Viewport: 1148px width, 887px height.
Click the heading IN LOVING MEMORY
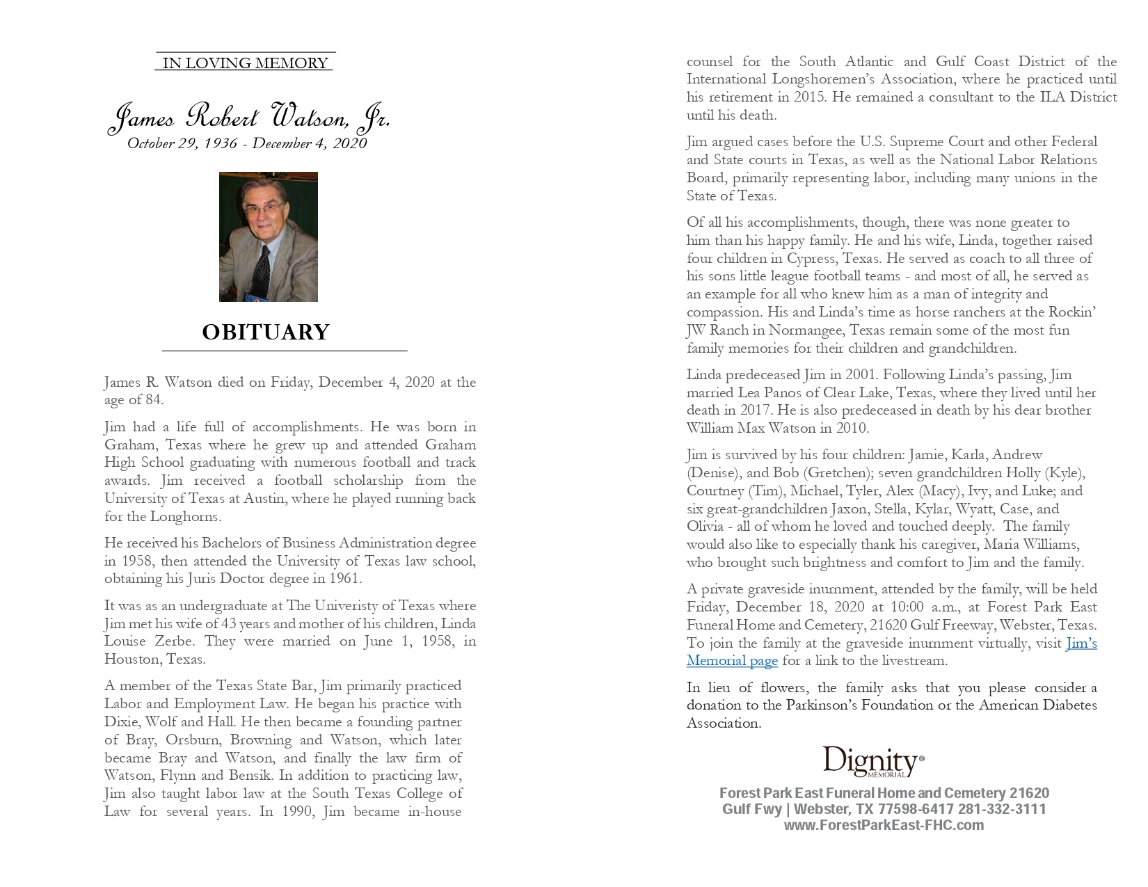pyautogui.click(x=245, y=63)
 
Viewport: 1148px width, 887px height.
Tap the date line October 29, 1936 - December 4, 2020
pyautogui.click(x=247, y=143)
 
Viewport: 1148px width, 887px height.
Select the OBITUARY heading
pyautogui.click(x=266, y=333)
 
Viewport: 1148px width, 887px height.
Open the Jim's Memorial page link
pyautogui.click(x=733, y=661)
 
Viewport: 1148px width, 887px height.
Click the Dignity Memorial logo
pyautogui.click(x=873, y=762)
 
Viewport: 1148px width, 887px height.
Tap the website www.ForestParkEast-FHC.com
pyautogui.click(x=884, y=826)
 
